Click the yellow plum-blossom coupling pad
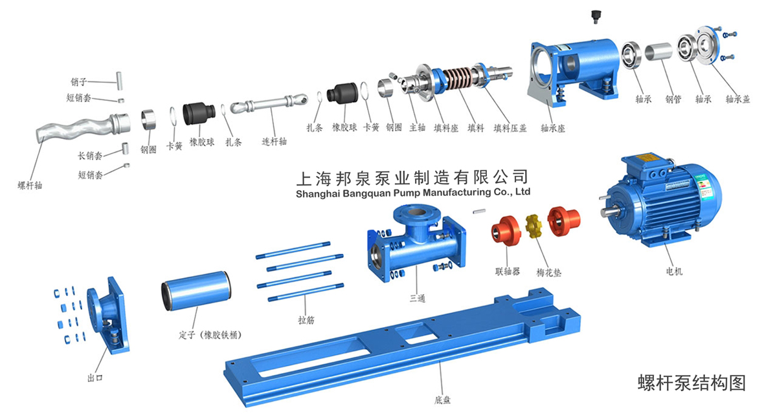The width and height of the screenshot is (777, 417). [534, 226]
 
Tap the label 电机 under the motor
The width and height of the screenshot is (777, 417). [674, 271]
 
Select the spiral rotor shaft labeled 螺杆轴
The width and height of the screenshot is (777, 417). [84, 127]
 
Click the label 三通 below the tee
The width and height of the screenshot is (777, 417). [417, 298]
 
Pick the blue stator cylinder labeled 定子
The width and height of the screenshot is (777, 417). [196, 290]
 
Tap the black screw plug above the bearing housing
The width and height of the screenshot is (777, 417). [596, 17]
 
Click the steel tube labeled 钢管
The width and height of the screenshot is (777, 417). [659, 52]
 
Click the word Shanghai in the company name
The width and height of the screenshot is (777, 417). [318, 193]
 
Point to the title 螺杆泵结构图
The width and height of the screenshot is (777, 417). [692, 383]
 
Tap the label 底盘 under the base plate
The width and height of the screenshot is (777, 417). [442, 400]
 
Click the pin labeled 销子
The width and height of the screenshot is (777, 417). [119, 81]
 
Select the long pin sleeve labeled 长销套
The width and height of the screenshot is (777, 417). [126, 148]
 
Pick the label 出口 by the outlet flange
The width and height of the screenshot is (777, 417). [95, 378]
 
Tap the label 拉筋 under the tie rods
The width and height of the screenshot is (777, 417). [306, 319]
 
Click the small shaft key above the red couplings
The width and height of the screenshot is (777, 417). [479, 211]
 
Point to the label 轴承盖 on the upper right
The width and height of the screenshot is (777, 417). [738, 99]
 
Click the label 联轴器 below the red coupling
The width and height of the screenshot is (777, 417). [508, 271]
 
